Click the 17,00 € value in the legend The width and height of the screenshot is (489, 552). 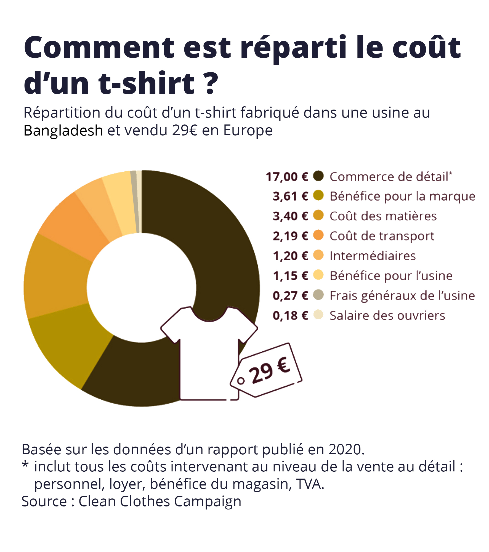click(287, 177)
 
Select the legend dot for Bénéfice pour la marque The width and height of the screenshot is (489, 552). click(318, 195)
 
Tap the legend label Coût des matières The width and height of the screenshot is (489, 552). click(383, 216)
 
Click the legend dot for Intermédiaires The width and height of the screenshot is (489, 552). click(318, 255)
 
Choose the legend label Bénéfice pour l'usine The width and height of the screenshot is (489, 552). click(391, 276)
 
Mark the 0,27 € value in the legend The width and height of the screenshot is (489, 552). click(290, 296)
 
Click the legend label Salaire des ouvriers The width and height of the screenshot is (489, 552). click(387, 315)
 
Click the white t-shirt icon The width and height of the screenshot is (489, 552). click(209, 359)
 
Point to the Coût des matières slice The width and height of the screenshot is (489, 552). click(55, 279)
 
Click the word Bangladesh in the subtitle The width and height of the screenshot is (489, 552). click(63, 131)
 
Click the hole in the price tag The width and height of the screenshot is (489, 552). click(241, 381)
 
